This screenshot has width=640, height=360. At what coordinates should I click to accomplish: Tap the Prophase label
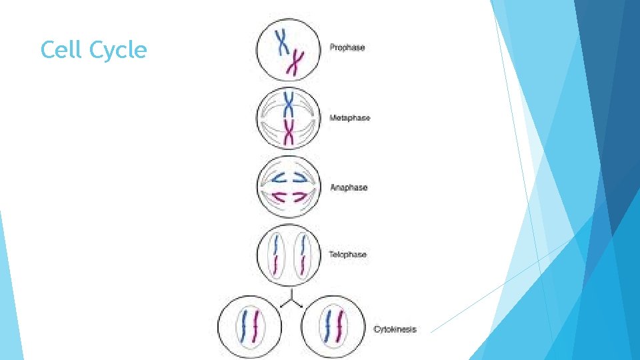coord(347,48)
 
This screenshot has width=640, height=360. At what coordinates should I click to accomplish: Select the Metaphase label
coord(350,118)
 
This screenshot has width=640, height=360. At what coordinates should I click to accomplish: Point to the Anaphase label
coord(349,188)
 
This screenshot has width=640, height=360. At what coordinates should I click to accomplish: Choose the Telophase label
coord(347,255)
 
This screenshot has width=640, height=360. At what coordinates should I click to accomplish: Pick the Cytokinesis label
coord(395,329)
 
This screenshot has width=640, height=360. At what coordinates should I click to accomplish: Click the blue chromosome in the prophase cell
coord(283,41)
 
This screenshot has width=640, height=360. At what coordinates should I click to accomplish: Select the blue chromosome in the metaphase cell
coord(289,105)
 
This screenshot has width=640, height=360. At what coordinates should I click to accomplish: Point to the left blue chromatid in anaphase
coord(276,177)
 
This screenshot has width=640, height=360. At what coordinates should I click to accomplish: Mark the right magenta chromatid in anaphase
coord(299,197)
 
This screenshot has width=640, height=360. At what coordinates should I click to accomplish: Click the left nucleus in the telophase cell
coord(276,254)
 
